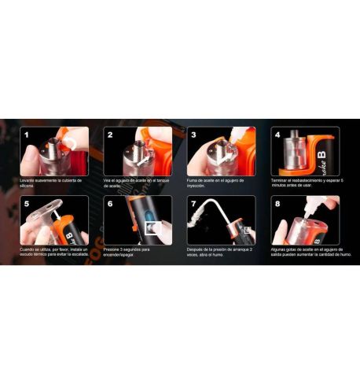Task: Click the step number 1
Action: click(x=27, y=135)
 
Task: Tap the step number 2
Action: click(x=111, y=135)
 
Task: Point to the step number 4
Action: click(x=277, y=135)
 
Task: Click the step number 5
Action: click(x=27, y=203)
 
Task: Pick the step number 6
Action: click(x=111, y=203)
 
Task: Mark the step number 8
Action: click(x=277, y=203)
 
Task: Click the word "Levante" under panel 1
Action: click(x=29, y=180)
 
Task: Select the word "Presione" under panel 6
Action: click(x=115, y=249)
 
